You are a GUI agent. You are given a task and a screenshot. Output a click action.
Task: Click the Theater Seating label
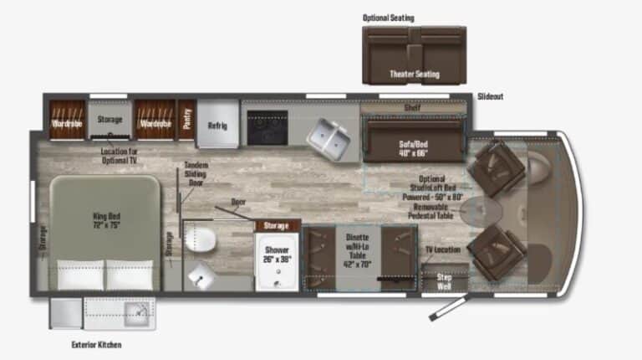[x=414, y=74]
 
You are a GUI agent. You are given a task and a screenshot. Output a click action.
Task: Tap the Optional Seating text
[x=388, y=18]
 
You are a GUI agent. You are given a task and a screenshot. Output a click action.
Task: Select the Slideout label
[x=491, y=96]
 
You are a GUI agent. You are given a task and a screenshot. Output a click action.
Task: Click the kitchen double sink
[x=327, y=136]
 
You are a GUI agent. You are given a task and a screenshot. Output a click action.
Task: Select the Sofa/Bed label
[x=414, y=147]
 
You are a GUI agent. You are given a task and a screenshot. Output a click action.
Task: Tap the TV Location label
[x=442, y=249]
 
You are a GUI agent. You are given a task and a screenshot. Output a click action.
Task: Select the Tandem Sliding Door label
[x=196, y=173]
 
